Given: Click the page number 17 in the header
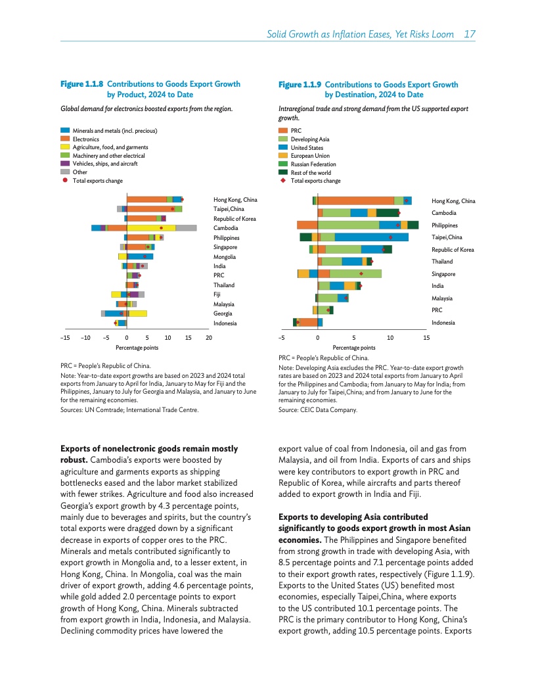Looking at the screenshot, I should [x=469, y=34].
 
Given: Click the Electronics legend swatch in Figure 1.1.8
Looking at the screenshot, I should [x=65, y=139].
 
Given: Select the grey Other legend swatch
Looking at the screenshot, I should [x=65, y=172].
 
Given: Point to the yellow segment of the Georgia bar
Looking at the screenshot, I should [x=138, y=313].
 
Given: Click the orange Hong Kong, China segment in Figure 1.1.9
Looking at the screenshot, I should [x=355, y=200].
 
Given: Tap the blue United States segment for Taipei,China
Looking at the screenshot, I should [x=372, y=237].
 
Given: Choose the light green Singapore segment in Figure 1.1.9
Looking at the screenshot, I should [x=355, y=273].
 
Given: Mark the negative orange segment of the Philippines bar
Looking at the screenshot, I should [x=307, y=225].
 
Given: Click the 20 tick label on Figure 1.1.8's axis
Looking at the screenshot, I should [x=209, y=338].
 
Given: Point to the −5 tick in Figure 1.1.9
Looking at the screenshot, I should [x=280, y=338].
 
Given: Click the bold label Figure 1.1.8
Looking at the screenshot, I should [x=81, y=84].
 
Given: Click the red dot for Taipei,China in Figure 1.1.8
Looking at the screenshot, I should [x=173, y=209].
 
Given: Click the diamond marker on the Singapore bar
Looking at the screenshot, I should [x=361, y=273].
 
